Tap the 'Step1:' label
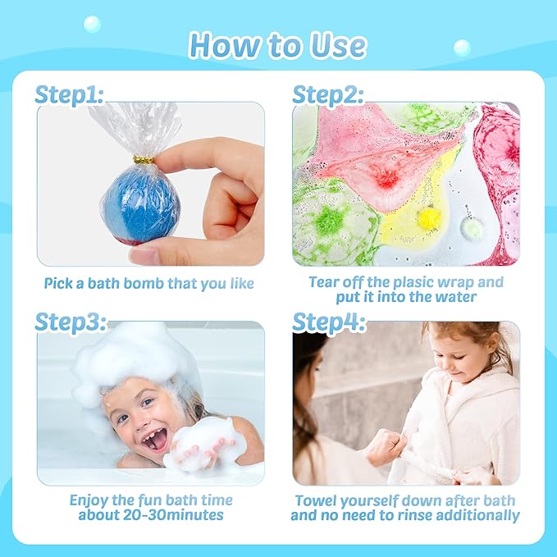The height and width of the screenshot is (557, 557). (x=69, y=95)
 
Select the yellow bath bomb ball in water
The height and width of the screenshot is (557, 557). (x=427, y=217)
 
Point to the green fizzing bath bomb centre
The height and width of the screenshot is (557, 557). (x=328, y=220)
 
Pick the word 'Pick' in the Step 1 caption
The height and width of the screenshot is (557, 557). (x=60, y=284)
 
